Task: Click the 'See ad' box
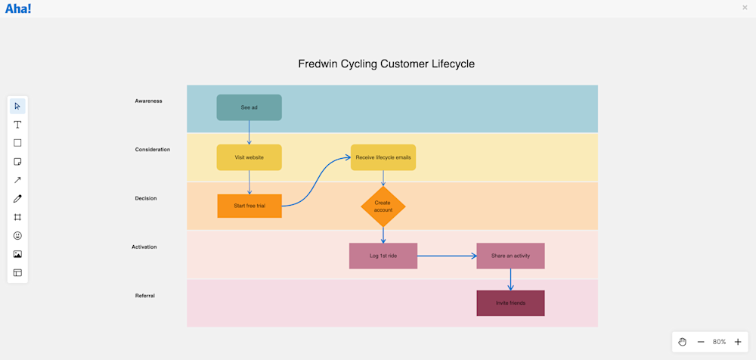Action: [249, 107]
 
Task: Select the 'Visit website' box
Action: [249, 157]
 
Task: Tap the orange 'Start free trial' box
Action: [249, 206]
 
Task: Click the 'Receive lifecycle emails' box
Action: [383, 157]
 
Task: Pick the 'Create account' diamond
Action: [383, 206]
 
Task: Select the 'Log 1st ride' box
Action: [383, 256]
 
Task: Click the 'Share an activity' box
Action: [510, 256]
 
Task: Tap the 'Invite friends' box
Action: [510, 303]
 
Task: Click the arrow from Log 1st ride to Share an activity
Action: [446, 256]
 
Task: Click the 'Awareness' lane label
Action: [148, 101]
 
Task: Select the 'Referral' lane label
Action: [144, 296]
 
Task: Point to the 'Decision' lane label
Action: [146, 198]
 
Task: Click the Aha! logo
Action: [18, 8]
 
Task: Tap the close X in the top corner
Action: [745, 8]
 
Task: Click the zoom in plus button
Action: [738, 342]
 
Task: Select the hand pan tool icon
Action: [682, 342]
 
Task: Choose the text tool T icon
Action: [17, 124]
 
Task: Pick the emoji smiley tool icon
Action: [17, 236]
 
